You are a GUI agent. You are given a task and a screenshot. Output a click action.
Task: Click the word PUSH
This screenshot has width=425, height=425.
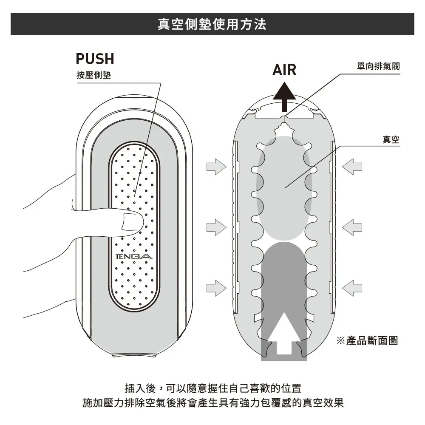coord(95,59)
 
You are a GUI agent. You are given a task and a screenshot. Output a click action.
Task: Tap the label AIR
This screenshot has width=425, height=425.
coord(284,69)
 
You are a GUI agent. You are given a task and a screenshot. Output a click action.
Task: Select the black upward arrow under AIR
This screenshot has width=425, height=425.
coord(284,97)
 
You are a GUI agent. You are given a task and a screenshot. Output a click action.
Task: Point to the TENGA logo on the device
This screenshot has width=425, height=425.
coord(133,257)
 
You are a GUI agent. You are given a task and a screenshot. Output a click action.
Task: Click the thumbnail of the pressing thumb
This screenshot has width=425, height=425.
coord(132,222)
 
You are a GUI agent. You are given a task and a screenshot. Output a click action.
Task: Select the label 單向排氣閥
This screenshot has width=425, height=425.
coord(378,67)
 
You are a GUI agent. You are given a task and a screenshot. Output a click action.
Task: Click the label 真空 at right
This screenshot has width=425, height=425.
coord(391,139)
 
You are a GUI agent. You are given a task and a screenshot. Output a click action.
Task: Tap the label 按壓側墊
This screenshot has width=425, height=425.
coord(93,75)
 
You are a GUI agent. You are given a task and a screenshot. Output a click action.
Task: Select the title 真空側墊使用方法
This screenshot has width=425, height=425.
coord(212,24)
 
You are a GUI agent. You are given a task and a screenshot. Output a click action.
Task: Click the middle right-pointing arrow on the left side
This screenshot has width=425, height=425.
coord(216,227)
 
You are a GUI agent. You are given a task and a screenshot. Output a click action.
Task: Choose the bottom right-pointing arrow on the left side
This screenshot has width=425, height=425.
coord(216,288)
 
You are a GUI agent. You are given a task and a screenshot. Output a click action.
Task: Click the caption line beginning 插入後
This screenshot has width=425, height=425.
coord(212,388)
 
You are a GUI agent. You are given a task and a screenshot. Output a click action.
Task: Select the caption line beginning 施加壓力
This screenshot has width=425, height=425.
coord(212,402)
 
